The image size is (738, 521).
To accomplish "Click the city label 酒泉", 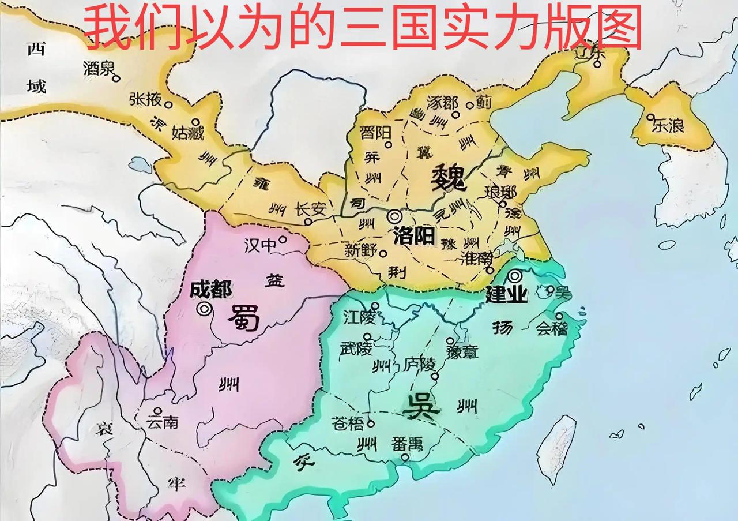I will [x=97, y=69].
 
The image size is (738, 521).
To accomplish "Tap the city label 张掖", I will [x=145, y=100].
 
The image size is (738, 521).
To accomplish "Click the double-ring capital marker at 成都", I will [x=204, y=309].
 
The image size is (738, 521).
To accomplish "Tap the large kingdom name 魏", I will [x=448, y=177].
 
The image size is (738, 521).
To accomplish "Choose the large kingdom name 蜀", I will [x=246, y=317].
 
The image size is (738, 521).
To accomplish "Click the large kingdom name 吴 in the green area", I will [x=420, y=408].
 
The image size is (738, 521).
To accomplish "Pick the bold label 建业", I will [x=506, y=295].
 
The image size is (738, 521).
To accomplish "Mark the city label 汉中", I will [x=260, y=246].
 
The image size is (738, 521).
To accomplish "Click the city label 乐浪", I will [x=668, y=126].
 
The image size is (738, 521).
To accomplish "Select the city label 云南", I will [x=162, y=422].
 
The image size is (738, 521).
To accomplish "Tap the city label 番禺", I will [x=407, y=444].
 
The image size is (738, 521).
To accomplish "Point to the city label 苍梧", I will [x=348, y=424].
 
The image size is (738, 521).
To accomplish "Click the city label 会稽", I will [x=551, y=329].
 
